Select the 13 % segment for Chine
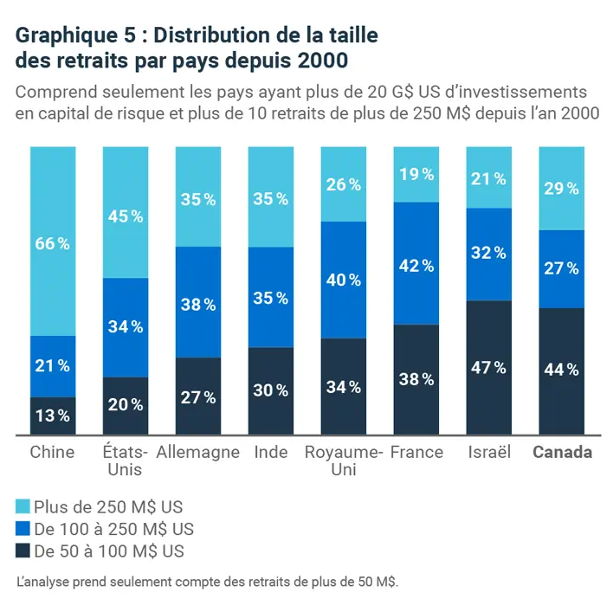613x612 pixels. tap(53, 416)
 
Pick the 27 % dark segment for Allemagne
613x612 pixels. tap(198, 396)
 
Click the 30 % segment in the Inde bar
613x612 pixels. tap(271, 390)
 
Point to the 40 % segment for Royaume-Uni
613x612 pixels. tap(344, 280)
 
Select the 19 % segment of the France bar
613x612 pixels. tap(416, 174)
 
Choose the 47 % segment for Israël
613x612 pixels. tap(489, 368)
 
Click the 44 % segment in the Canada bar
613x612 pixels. tap(562, 370)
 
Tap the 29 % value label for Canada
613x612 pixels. tap(562, 189)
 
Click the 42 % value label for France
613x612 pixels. tap(416, 266)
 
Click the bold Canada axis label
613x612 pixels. tap(562, 453)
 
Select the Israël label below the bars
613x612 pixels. tap(489, 453)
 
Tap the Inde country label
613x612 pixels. tap(271, 453)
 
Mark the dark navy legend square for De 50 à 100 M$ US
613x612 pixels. tap(23, 551)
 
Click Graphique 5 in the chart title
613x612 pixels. tap(68, 35)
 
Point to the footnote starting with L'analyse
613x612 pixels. tap(207, 583)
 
